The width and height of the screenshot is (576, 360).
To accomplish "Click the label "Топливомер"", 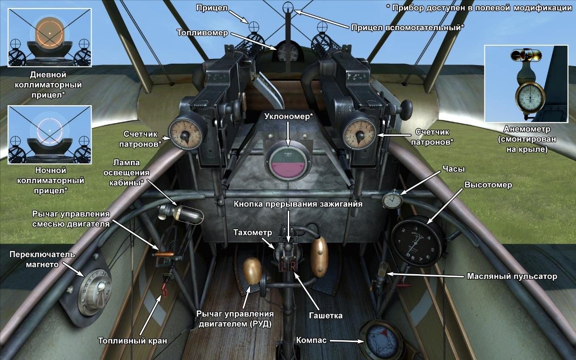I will tap(202, 33).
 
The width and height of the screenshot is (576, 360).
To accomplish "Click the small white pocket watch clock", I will tap(392, 200).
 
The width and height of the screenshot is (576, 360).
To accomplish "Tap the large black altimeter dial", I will tap(417, 242).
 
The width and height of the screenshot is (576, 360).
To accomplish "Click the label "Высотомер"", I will tap(488, 184).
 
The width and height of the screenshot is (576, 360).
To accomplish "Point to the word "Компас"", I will tap(311, 340).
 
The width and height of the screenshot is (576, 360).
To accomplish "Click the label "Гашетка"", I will tap(326, 315).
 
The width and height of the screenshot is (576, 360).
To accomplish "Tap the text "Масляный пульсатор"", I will tap(512, 276).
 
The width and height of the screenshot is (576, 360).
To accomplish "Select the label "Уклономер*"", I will tap(289, 116).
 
